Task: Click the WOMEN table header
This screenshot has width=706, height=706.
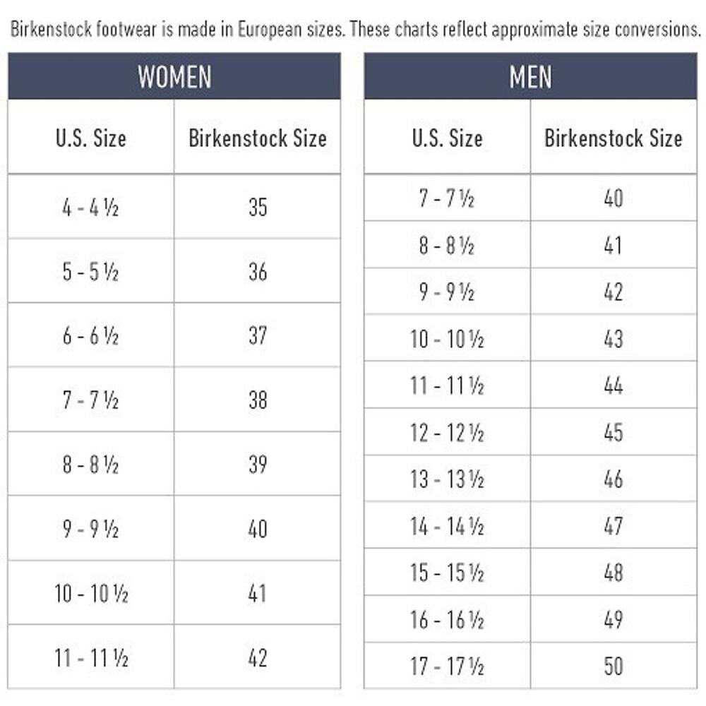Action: (x=174, y=76)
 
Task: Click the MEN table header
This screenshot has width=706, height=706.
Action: (x=530, y=76)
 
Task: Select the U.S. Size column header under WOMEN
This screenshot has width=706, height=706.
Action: (x=91, y=138)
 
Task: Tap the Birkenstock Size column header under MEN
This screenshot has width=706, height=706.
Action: (x=614, y=138)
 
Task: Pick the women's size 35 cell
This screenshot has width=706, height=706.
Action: (x=258, y=207)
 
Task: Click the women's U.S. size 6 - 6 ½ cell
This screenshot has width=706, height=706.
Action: (x=90, y=335)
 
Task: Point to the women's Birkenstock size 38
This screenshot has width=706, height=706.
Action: (x=258, y=400)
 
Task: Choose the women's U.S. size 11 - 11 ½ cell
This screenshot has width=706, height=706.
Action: (x=90, y=657)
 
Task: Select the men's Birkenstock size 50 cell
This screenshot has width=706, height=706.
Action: (x=614, y=666)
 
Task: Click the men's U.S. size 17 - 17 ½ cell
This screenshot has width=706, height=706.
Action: (x=447, y=666)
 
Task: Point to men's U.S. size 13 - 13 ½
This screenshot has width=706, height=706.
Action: (x=447, y=479)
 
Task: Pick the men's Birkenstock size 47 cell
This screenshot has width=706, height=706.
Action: (x=614, y=525)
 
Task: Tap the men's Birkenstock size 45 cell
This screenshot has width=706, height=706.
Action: (x=614, y=432)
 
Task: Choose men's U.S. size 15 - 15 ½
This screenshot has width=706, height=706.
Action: (x=447, y=573)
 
